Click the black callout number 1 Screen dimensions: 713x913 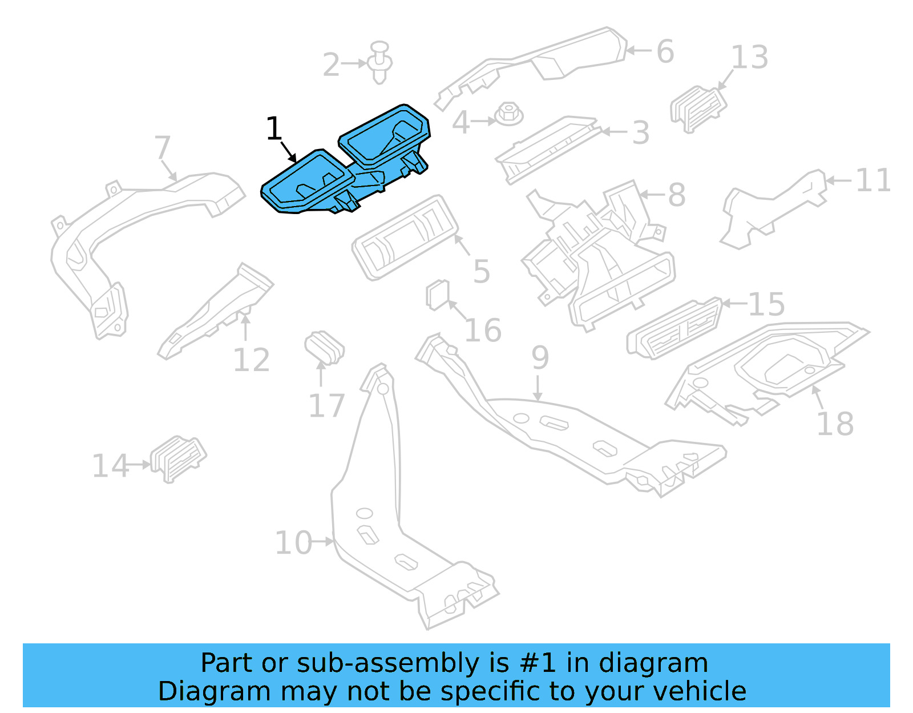pyautogui.click(x=274, y=128)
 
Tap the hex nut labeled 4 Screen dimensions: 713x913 pyautogui.click(x=508, y=114)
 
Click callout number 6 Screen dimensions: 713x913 pyautogui.click(x=665, y=51)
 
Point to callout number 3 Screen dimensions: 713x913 pyautogui.click(x=640, y=132)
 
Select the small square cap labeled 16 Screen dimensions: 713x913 pyautogui.click(x=438, y=295)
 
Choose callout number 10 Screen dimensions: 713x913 pyautogui.click(x=293, y=542)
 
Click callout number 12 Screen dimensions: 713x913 pyautogui.click(x=251, y=360)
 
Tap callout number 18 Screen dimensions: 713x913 pyautogui.click(x=834, y=424)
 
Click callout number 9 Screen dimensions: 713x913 pyautogui.click(x=540, y=357)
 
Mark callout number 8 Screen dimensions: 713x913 pyautogui.click(x=676, y=195)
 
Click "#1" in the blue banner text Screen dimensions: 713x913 pyautogui.click(x=536, y=663)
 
